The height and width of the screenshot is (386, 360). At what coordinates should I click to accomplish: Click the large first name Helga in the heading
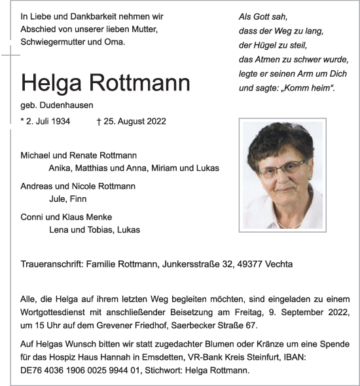(49, 83)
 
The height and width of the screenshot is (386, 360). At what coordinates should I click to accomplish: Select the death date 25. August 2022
(135, 121)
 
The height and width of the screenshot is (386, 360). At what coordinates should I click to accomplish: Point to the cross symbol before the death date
(99, 121)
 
